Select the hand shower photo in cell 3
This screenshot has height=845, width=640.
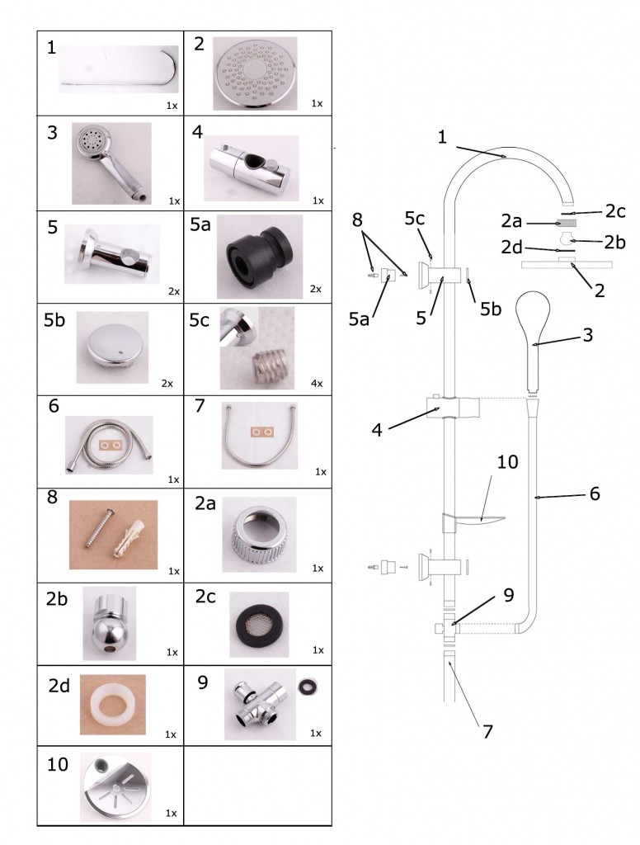[x=111, y=163]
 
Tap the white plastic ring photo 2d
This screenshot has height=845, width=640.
[x=112, y=704]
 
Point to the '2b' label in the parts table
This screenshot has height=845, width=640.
[x=57, y=600]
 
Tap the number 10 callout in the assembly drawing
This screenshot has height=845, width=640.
[x=507, y=461]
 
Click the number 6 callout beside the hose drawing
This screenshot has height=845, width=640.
[x=594, y=493]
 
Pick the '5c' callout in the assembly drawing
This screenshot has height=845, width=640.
[x=416, y=219]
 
